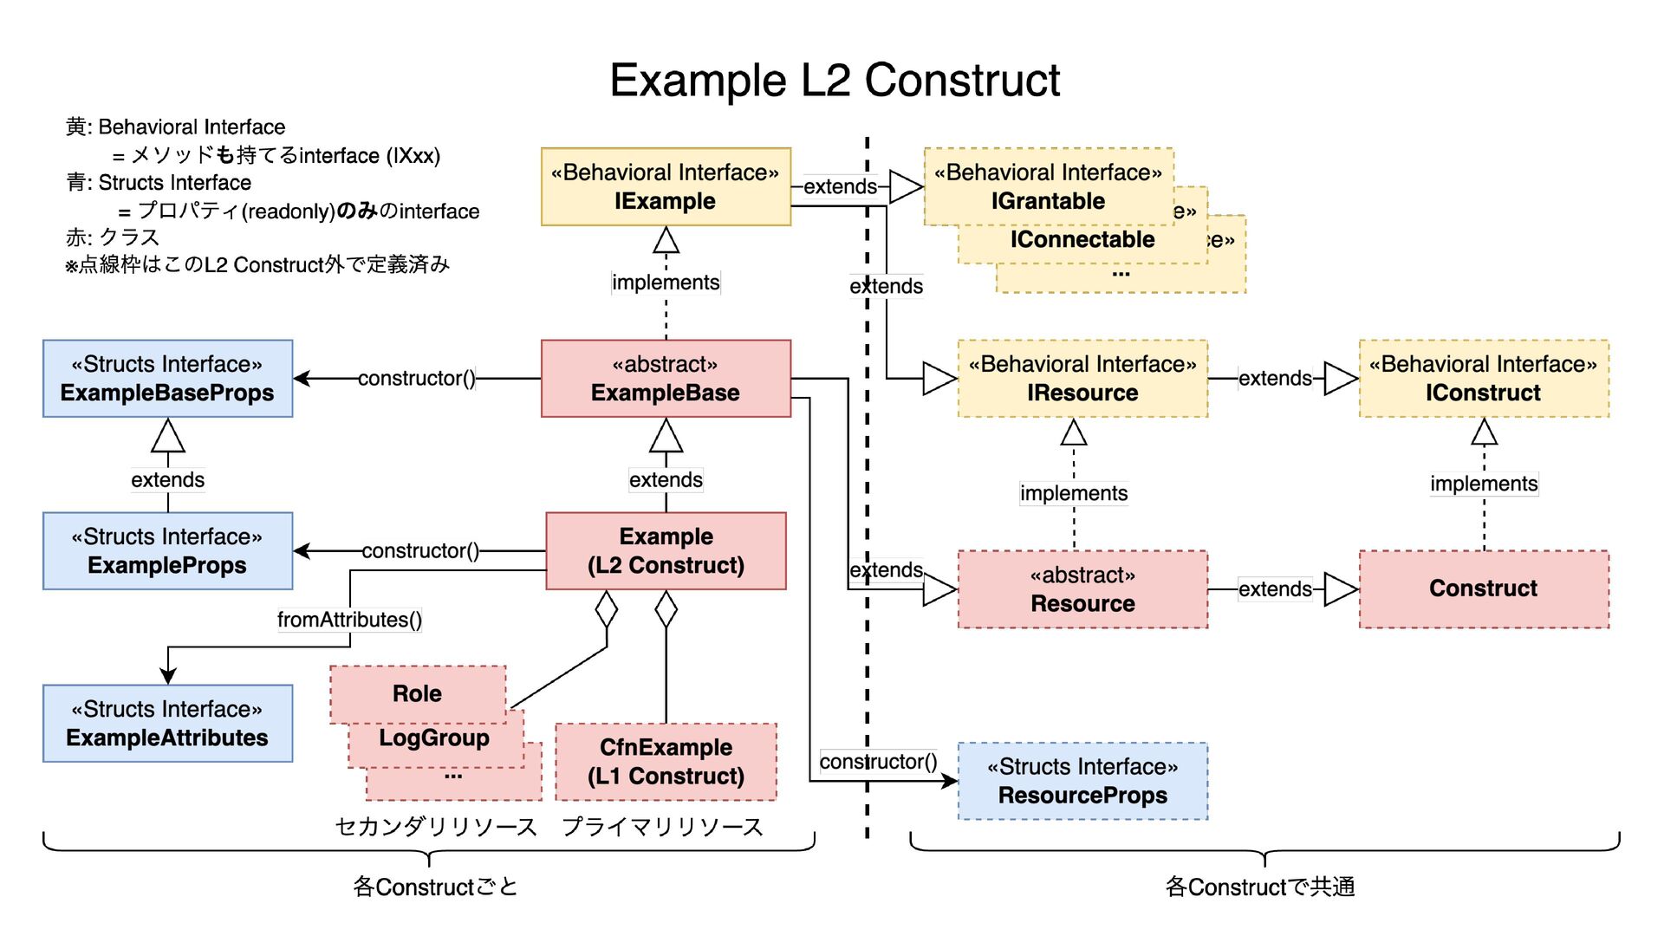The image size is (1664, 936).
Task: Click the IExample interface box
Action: pos(666,187)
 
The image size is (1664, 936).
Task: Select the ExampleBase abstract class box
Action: pos(666,379)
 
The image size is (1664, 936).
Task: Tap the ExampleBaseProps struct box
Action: pos(167,379)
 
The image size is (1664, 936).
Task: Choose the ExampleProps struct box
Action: pos(167,551)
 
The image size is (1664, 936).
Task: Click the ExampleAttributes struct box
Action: pos(167,724)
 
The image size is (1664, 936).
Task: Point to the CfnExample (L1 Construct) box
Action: pos(666,762)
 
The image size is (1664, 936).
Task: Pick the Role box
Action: pos(417,693)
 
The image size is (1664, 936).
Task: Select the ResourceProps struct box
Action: pos(1082,781)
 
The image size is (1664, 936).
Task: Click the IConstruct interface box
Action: pos(1484,379)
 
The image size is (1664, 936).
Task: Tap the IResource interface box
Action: pos(1082,379)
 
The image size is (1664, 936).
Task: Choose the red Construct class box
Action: pos(1484,589)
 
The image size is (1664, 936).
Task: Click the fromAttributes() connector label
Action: pos(349,620)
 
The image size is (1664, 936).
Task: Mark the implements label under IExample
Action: pos(666,283)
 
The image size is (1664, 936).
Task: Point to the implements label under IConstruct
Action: pos(1484,484)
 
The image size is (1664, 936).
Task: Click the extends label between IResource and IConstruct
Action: pos(1275,379)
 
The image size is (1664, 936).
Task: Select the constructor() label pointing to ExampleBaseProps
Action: pos(417,379)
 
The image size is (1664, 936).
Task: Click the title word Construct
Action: pos(962,81)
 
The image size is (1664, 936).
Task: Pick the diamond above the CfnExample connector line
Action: pos(666,609)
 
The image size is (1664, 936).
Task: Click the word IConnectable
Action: pos(1082,240)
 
